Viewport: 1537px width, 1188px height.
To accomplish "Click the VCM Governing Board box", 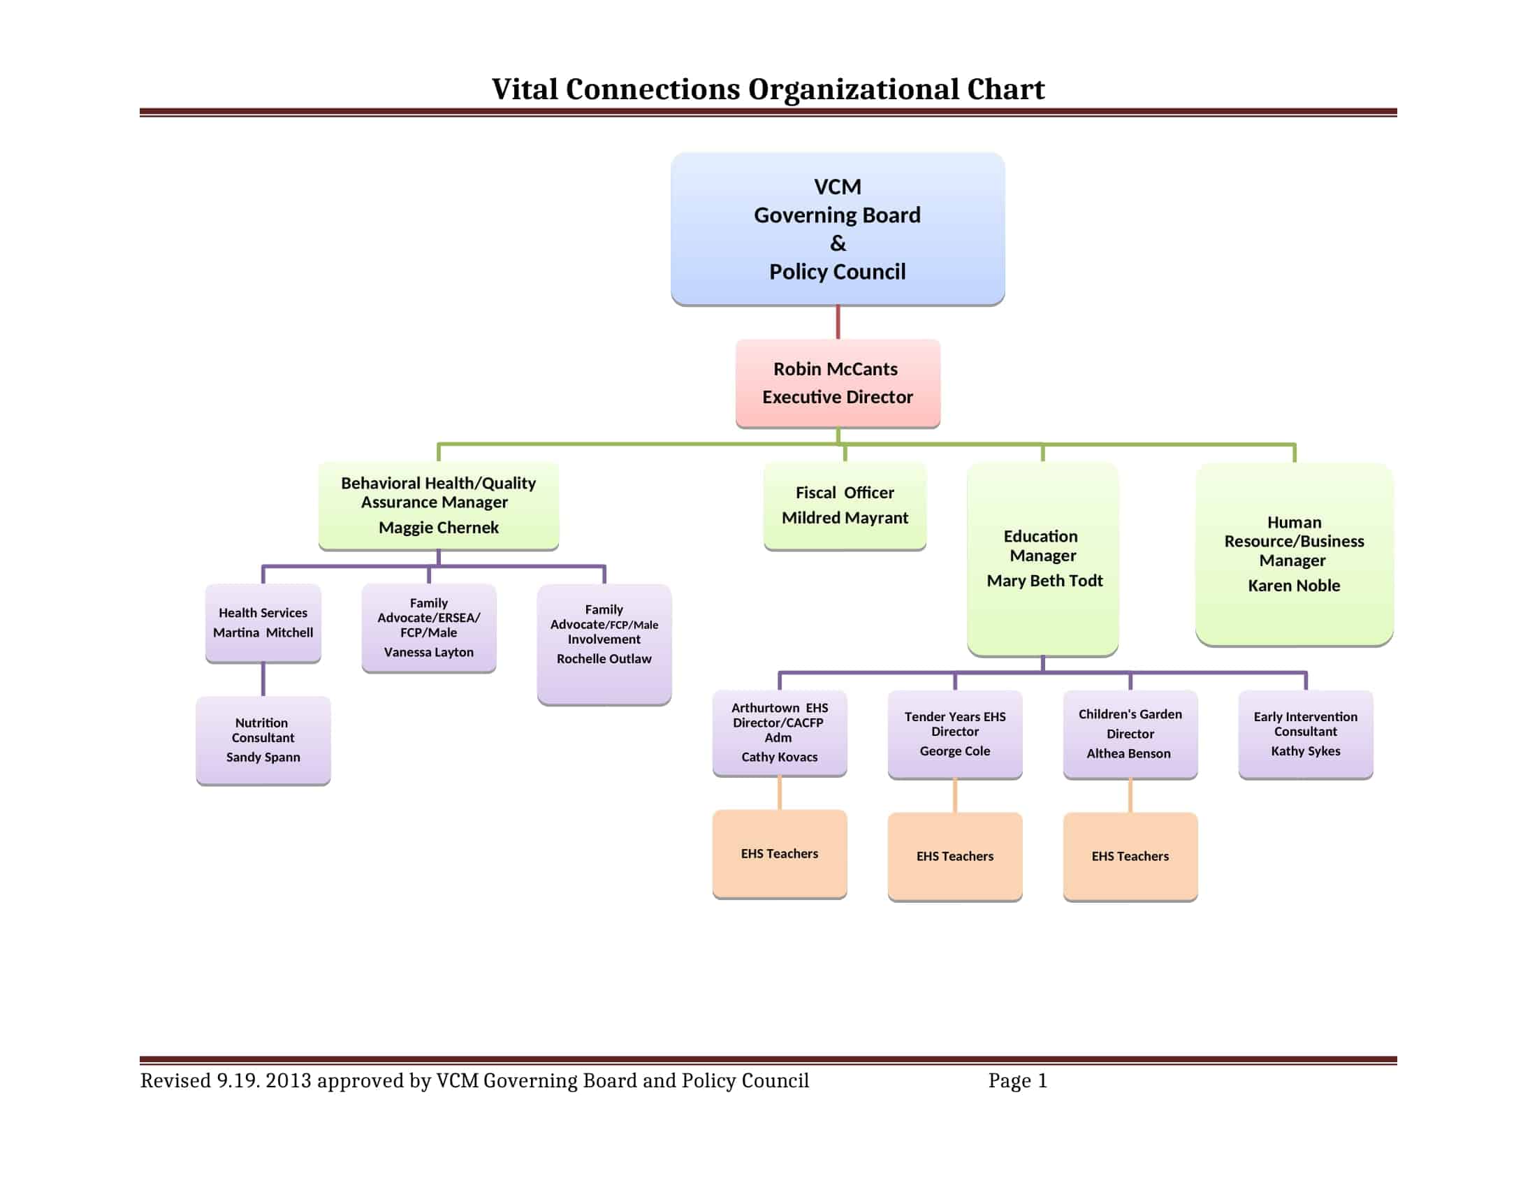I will click(x=838, y=229).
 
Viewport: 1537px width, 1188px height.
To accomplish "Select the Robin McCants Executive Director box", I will click(x=838, y=383).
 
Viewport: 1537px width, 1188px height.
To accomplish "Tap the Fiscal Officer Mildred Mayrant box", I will click(x=845, y=505).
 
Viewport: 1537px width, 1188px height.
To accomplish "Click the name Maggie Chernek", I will click(x=439, y=527).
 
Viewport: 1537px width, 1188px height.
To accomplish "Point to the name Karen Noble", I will click(x=1293, y=585).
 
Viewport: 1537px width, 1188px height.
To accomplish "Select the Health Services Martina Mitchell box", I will click(x=263, y=622).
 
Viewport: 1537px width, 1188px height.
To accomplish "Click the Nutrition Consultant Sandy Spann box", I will click(x=263, y=739).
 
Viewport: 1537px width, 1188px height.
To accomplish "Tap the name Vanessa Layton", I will click(x=428, y=652).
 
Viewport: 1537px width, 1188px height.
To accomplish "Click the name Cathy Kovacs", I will click(x=779, y=757).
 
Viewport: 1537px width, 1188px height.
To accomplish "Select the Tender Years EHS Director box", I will click(x=954, y=733).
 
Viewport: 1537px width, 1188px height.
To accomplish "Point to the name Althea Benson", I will click(x=1128, y=753).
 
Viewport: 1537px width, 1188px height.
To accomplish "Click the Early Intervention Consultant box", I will click(x=1306, y=733).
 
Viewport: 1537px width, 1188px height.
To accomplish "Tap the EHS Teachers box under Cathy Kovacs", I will click(x=779, y=853).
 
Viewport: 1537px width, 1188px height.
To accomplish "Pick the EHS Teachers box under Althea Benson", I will click(x=1130, y=856).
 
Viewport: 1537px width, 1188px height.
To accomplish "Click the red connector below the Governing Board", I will click(x=838, y=322).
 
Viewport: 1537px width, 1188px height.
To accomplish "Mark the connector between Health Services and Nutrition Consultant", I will click(x=263, y=679).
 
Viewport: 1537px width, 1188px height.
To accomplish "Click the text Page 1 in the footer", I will click(x=1018, y=1080).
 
